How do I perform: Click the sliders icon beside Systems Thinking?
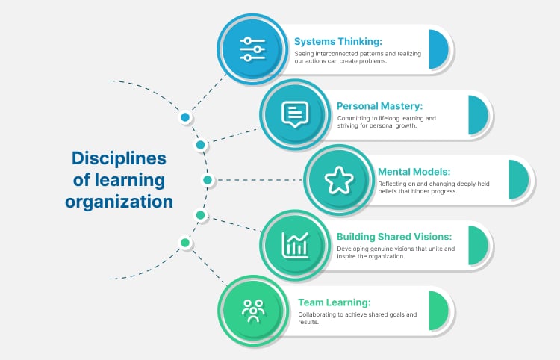pyautogui.click(x=252, y=49)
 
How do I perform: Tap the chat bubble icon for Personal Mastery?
pyautogui.click(x=294, y=114)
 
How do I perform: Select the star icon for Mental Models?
pyautogui.click(x=338, y=179)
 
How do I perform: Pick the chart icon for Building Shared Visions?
pyautogui.click(x=294, y=244)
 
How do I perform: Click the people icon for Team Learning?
pyautogui.click(x=252, y=309)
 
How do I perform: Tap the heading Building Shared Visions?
pyautogui.click(x=393, y=237)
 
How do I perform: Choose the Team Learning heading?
pyautogui.click(x=334, y=302)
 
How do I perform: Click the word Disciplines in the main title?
pyautogui.click(x=119, y=158)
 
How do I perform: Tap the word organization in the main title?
pyautogui.click(x=119, y=202)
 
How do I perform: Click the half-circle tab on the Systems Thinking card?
pyautogui.click(x=438, y=49)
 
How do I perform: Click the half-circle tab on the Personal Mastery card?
pyautogui.click(x=478, y=115)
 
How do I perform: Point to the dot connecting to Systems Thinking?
pyautogui.click(x=184, y=117)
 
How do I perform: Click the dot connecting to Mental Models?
pyautogui.click(x=208, y=180)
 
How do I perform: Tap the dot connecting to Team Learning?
pyautogui.click(x=184, y=243)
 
